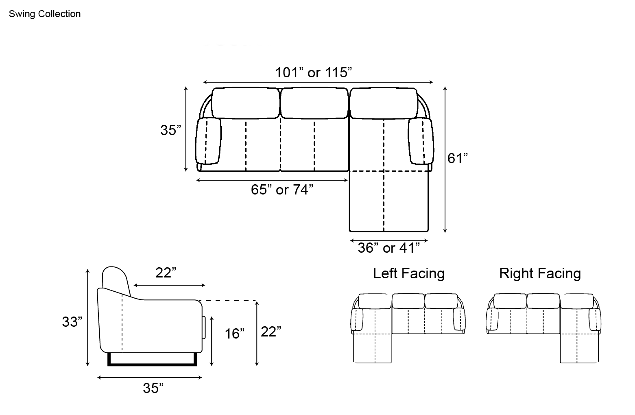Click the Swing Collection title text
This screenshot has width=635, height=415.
[x=45, y=14]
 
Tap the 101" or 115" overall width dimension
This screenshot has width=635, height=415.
[x=314, y=72]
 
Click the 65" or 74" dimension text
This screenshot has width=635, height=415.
[x=282, y=190]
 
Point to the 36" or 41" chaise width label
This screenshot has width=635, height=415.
[x=388, y=248]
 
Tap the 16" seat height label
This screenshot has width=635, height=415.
[x=235, y=334]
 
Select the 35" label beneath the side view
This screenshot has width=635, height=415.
[x=153, y=388]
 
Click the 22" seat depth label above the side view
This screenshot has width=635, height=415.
[x=166, y=273]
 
